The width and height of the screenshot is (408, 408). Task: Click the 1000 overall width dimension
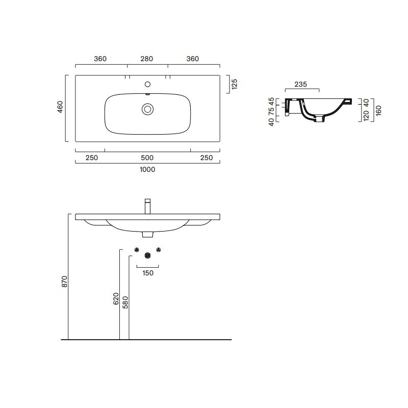pos(147,169)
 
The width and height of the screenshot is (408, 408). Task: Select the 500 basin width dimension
pos(147,158)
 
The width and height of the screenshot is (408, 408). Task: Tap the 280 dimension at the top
pos(147,59)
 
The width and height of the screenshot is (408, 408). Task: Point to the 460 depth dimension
pos(60,107)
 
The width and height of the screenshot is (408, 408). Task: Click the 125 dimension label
pos(235,84)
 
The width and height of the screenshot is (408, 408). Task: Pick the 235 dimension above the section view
pos(300,84)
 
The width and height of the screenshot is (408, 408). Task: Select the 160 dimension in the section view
pos(378,111)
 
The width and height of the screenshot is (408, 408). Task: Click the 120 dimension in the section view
pos(366,116)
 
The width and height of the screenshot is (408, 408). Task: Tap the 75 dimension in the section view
pos(271,111)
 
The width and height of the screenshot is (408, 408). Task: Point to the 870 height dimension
pos(64,282)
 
